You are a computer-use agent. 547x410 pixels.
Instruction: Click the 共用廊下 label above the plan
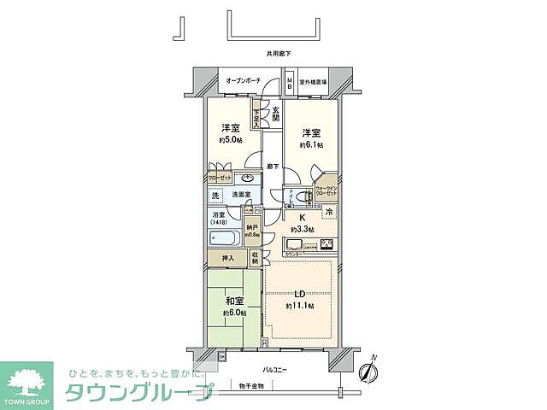point(279,53)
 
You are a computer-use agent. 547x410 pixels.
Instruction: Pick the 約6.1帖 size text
point(310,145)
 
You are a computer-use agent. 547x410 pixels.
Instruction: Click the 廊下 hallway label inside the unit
point(273,167)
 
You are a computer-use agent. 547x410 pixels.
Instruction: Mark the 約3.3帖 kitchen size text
point(302,230)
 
